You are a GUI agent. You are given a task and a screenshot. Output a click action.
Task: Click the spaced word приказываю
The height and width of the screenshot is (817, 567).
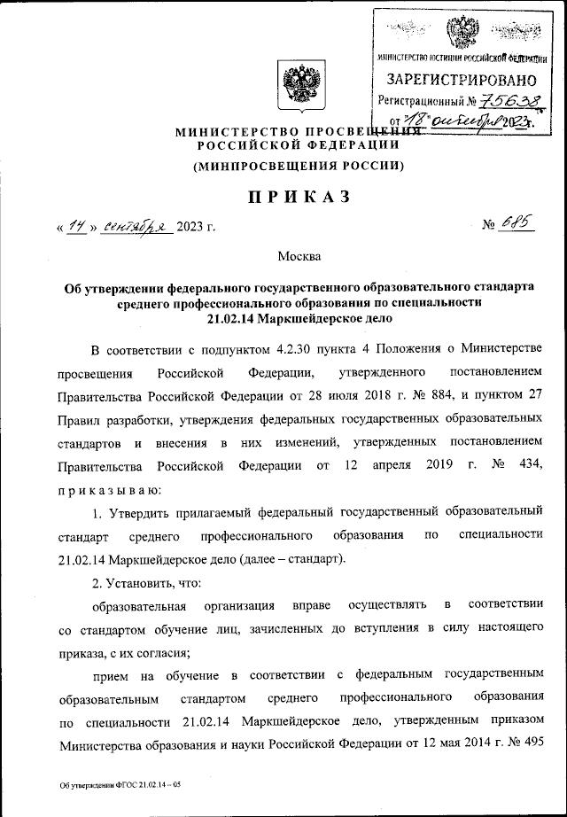point(110,488)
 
